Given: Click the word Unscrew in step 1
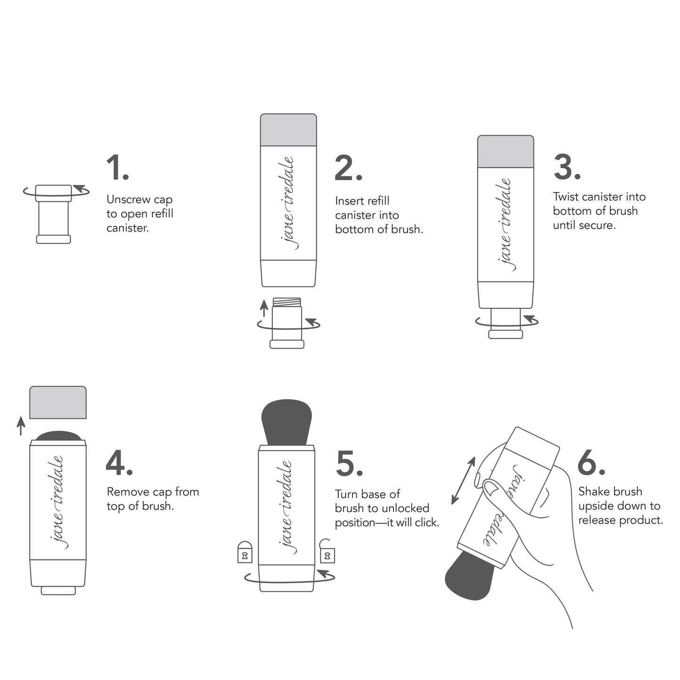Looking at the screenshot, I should pos(122,200).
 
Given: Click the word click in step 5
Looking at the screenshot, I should pos(425,523).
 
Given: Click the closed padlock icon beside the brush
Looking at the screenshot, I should pos(245,552).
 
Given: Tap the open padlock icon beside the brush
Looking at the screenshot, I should pos(327,552).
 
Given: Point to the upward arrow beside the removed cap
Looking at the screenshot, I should pos(21,425).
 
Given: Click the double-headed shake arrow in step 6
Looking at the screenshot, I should pos(463,480).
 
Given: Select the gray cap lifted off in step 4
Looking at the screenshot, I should pos(58,402).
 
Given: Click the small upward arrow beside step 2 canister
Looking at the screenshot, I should pos(264,308).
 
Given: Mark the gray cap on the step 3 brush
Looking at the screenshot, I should pos(505,152).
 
